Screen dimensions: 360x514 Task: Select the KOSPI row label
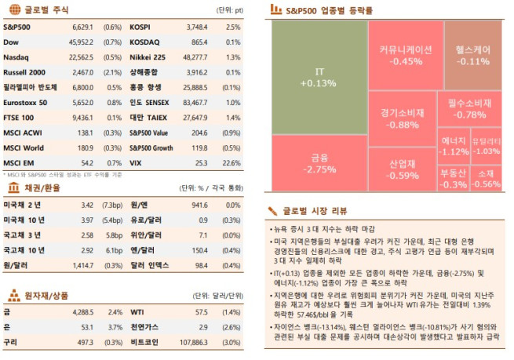point(140,26)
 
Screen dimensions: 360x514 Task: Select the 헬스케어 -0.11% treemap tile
point(473,54)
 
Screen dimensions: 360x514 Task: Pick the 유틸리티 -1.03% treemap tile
point(487,146)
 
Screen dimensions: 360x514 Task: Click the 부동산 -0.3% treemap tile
point(454,178)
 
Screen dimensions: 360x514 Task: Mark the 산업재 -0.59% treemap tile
point(403,170)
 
